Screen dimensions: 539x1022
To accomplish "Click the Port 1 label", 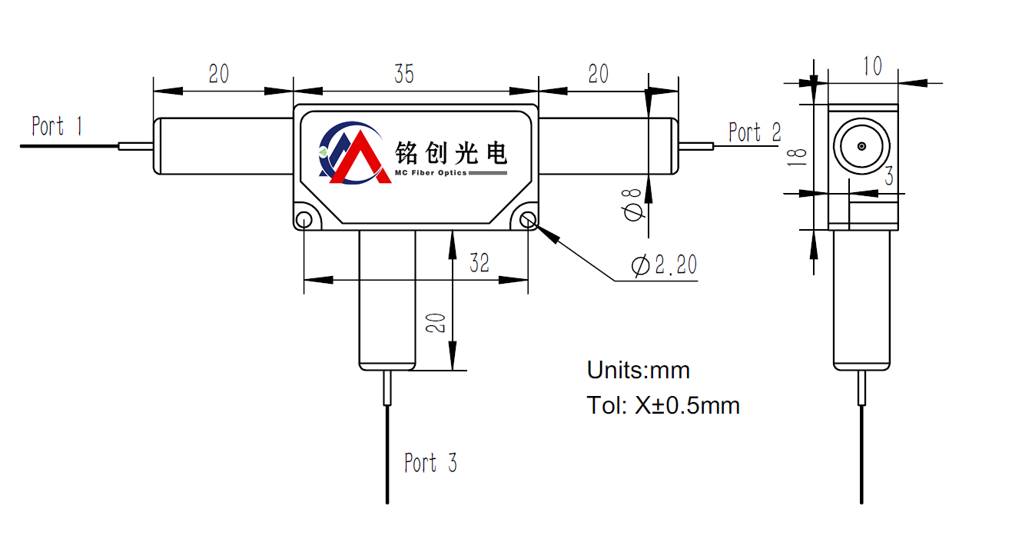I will pos(56,126).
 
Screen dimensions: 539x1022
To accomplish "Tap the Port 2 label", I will pos(754,133).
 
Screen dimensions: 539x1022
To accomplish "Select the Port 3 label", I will pos(430,463).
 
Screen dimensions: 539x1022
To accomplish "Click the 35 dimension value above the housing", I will pos(404,74).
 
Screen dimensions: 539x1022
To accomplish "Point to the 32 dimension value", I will pos(479,263).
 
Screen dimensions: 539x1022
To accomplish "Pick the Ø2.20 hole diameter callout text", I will pos(664,265).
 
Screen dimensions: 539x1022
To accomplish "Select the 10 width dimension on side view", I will pos(872,67).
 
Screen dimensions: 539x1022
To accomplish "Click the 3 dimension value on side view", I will pos(888,177).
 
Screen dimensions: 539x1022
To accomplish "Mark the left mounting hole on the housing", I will pos(304,221).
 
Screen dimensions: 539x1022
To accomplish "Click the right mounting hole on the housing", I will pos(528,221).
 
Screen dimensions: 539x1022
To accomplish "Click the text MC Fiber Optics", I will pos(430,173).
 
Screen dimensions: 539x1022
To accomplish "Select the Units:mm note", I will pos(638,370).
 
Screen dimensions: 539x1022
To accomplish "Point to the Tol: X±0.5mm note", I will pos(663,405).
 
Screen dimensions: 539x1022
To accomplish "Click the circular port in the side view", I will pos(861,146).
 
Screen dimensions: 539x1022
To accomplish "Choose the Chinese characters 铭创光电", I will pos(451,152).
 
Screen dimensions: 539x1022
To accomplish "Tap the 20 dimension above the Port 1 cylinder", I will pos(219,74).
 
